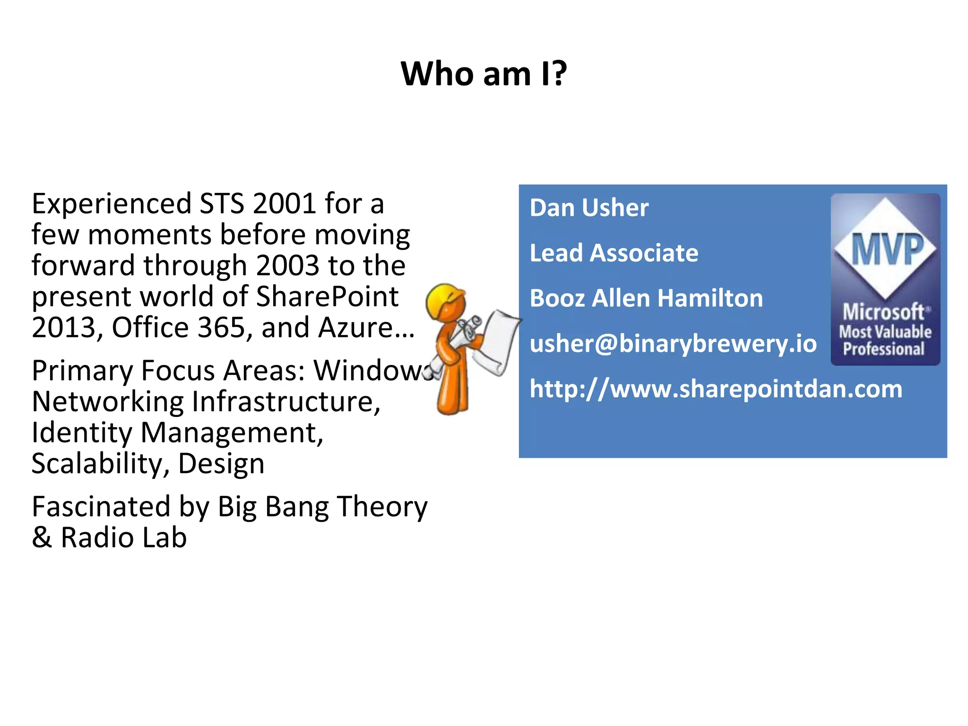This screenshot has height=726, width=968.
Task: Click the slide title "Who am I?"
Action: click(484, 74)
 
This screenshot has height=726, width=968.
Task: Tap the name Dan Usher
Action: click(589, 208)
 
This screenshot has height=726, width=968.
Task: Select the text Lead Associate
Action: click(614, 253)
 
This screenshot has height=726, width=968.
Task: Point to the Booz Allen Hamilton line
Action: click(646, 298)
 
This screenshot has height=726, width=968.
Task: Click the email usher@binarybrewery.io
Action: click(673, 344)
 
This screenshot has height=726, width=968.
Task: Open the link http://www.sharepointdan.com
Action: click(716, 389)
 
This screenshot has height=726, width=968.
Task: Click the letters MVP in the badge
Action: click(887, 249)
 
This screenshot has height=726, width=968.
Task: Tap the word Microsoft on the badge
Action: click(883, 312)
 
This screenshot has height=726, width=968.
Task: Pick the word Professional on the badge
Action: click(883, 349)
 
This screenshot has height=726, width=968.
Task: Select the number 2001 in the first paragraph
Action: click(284, 204)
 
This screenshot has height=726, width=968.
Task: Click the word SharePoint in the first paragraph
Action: click(327, 297)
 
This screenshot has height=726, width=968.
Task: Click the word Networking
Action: click(107, 402)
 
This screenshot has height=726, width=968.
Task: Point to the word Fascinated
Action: click(101, 507)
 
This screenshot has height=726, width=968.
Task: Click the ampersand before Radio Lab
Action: click(42, 538)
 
